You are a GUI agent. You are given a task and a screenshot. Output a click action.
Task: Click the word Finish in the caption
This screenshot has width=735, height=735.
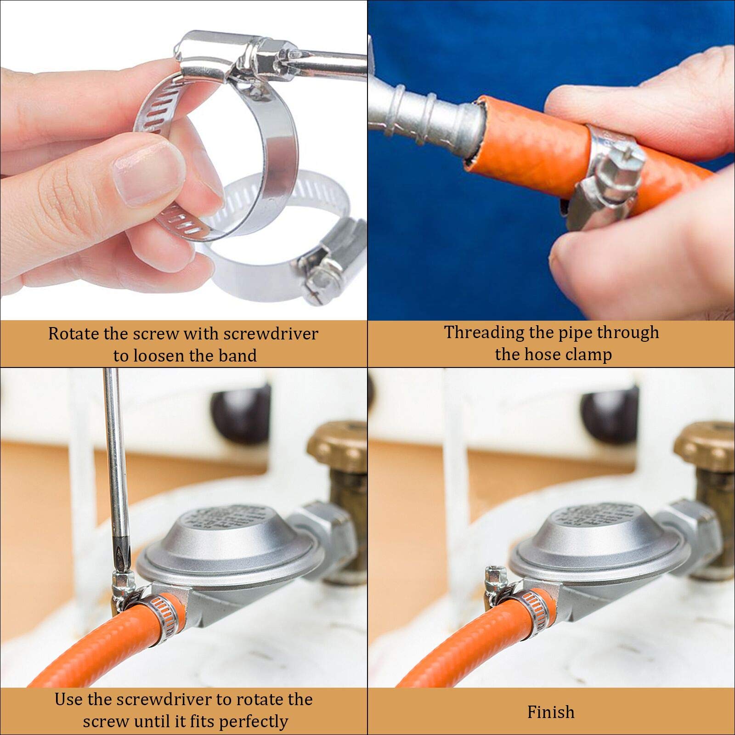(551, 712)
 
